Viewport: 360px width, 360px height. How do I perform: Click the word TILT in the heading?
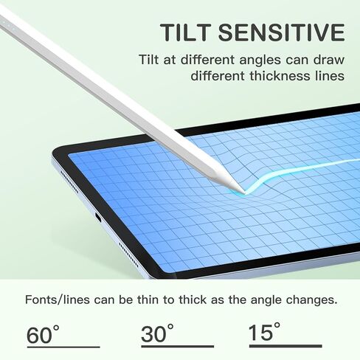click(x=187, y=32)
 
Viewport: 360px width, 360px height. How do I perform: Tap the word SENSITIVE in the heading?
click(x=282, y=32)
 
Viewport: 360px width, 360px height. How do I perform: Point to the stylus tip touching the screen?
click(x=243, y=192)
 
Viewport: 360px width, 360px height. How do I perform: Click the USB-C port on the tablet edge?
click(x=98, y=218)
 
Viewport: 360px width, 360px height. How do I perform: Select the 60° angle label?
click(x=43, y=334)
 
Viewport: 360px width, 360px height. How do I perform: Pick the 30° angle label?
click(x=157, y=333)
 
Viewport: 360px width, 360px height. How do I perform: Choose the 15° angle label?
click(x=264, y=331)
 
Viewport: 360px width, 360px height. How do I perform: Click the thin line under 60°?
click(x=63, y=347)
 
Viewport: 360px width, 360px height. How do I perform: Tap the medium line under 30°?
click(x=178, y=346)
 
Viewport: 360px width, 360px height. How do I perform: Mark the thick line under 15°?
click(x=285, y=346)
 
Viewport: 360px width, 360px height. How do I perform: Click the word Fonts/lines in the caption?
click(x=58, y=300)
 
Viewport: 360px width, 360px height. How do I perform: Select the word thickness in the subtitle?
click(x=280, y=75)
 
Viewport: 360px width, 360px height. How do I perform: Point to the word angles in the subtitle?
click(x=260, y=60)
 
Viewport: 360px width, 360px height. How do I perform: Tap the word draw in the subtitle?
click(x=328, y=60)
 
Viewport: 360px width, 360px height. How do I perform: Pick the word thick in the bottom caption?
click(x=193, y=300)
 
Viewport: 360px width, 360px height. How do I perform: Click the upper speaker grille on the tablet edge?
click(x=70, y=182)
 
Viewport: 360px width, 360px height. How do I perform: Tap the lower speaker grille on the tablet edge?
click(x=128, y=255)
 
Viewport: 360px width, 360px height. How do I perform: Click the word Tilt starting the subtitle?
click(x=149, y=60)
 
